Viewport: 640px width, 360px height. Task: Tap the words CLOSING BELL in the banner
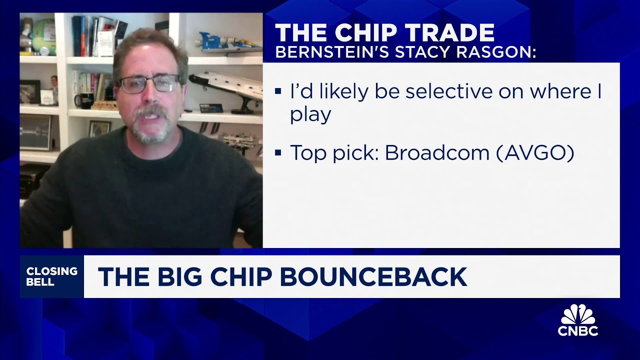(x=51, y=276)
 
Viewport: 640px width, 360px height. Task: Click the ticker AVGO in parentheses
(x=535, y=153)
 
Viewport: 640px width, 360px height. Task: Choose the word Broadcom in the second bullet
(x=437, y=152)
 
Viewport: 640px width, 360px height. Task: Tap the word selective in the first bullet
(x=449, y=91)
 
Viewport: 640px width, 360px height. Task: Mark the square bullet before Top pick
(x=278, y=152)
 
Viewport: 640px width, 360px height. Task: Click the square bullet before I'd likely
(x=278, y=91)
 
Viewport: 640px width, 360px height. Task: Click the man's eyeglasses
(x=149, y=84)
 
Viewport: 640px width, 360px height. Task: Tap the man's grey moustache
(x=150, y=113)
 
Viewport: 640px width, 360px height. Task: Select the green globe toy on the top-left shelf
(x=43, y=36)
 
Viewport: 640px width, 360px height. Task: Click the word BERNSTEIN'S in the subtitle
(x=330, y=52)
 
